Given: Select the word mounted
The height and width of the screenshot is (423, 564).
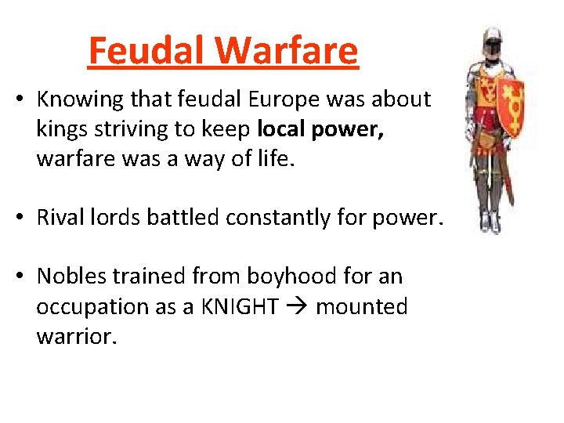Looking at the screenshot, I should [x=361, y=306].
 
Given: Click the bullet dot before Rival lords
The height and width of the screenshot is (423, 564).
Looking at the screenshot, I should [x=24, y=218].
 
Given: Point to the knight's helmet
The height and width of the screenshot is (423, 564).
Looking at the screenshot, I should [x=492, y=41].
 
